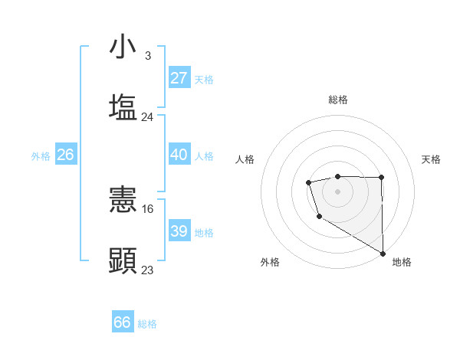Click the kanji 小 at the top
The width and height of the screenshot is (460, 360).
click(x=123, y=47)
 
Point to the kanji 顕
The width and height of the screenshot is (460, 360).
click(x=123, y=260)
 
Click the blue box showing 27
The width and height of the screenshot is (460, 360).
click(x=179, y=78)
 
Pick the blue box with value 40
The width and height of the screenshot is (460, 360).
click(x=179, y=155)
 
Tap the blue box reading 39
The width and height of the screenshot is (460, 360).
click(x=179, y=231)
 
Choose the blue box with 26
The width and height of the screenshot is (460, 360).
click(x=65, y=155)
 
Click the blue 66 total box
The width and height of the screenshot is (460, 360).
click(x=123, y=322)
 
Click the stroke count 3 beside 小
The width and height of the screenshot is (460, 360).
click(x=147, y=56)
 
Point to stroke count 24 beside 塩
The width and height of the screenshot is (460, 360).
click(x=148, y=117)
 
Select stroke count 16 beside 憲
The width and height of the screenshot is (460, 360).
click(x=149, y=208)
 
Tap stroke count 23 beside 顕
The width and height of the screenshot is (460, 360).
click(x=148, y=270)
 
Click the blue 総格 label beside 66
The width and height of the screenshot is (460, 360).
click(x=147, y=324)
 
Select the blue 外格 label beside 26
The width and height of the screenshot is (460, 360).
click(x=41, y=156)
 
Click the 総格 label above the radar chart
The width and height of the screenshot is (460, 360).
click(x=337, y=100)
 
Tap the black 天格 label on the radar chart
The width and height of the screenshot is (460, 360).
click(x=431, y=159)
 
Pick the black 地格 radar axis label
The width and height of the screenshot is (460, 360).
click(x=402, y=262)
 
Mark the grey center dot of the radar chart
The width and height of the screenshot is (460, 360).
click(x=337, y=190)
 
